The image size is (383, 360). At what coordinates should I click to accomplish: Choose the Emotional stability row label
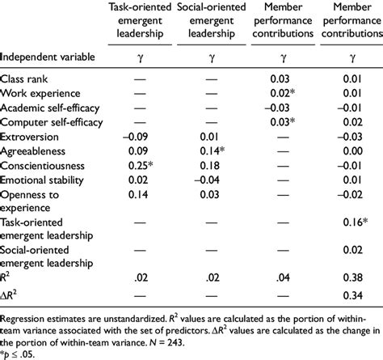pyautogui.click(x=39, y=184)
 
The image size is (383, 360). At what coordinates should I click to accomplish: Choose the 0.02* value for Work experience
pyautogui.click(x=282, y=93)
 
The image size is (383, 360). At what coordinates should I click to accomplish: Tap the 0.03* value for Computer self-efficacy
pyautogui.click(x=282, y=124)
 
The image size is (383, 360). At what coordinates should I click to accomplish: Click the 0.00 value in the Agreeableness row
pyautogui.click(x=349, y=154)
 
